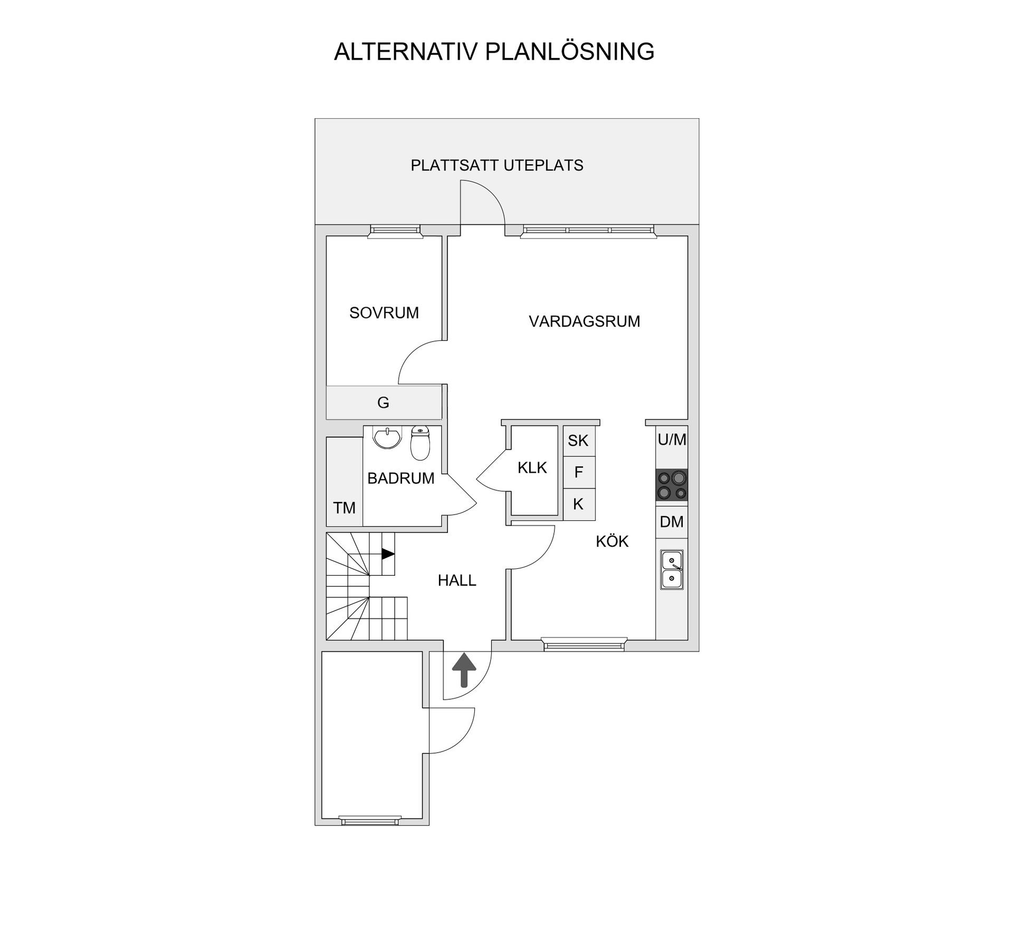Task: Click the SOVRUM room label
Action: point(384,313)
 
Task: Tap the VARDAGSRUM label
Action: point(584,321)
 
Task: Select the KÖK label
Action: point(612,541)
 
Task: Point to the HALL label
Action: point(457,580)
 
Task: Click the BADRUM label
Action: point(400,478)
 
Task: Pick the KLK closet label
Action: point(532,468)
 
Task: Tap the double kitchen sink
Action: point(672,570)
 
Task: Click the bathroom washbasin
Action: point(387,437)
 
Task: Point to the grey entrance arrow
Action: point(464,670)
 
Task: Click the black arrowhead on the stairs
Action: point(388,554)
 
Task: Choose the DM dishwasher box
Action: point(672,522)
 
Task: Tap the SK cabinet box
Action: point(579,441)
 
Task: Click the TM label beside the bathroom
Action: point(344,508)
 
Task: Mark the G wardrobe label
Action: point(383,403)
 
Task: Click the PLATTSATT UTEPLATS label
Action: point(497,166)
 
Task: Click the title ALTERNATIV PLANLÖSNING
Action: point(494,52)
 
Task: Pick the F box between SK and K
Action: point(579,472)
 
